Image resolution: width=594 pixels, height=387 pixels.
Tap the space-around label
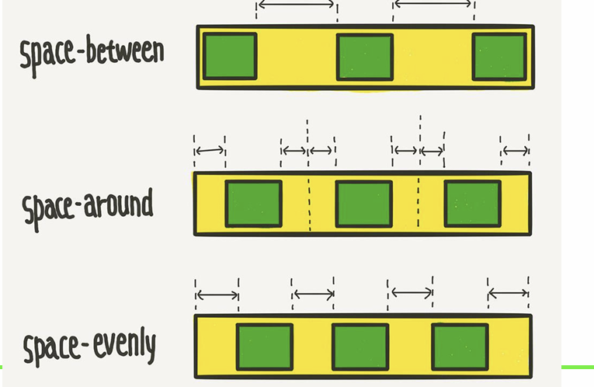click(x=87, y=206)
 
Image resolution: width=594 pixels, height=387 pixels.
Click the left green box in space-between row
click(x=230, y=56)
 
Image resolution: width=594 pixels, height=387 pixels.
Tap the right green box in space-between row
click(x=499, y=56)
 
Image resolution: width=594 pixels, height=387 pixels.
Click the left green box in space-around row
click(x=253, y=204)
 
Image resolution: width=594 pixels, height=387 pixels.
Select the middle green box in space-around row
click(x=363, y=204)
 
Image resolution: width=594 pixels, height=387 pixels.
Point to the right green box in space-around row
click(x=472, y=204)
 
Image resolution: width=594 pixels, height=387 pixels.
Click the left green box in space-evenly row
click(x=265, y=347)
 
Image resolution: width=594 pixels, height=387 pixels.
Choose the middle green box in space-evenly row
click(x=360, y=347)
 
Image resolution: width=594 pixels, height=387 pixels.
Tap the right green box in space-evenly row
click(x=460, y=347)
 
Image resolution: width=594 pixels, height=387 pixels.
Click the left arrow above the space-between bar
click(x=297, y=5)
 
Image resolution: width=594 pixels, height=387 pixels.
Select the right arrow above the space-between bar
click(x=432, y=5)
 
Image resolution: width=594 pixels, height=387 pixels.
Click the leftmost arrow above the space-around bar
click(x=209, y=150)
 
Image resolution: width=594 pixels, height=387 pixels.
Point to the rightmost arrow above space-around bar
click(x=515, y=150)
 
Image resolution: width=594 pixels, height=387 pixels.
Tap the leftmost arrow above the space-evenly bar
click(x=217, y=295)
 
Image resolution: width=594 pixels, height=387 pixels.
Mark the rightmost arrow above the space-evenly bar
click(x=508, y=294)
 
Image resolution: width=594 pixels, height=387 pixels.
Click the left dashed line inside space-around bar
click(x=309, y=204)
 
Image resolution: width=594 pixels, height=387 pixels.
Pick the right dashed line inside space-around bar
click(x=419, y=204)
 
